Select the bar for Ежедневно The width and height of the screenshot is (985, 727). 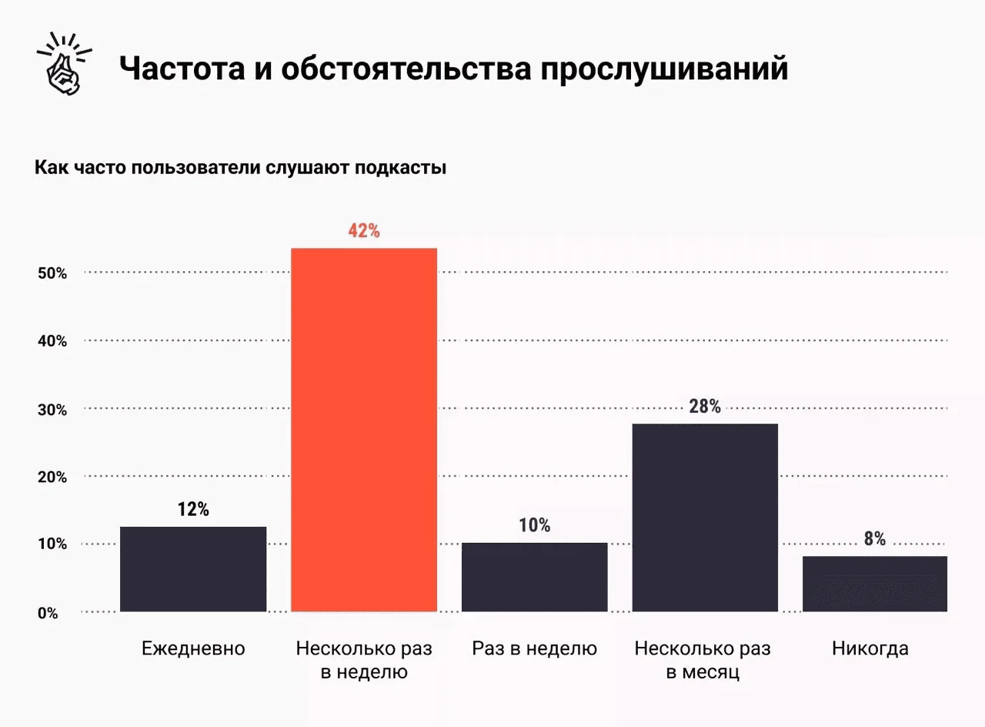(x=193, y=569)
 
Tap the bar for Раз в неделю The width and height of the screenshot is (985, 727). (x=534, y=577)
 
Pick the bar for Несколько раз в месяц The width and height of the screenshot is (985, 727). (x=704, y=518)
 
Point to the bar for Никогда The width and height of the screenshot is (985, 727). (x=874, y=584)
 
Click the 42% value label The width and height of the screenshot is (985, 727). (x=364, y=230)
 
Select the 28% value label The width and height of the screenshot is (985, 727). (x=705, y=406)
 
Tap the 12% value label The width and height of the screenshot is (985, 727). (x=193, y=509)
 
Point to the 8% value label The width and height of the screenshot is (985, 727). (x=874, y=538)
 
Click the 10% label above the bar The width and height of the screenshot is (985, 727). (x=534, y=525)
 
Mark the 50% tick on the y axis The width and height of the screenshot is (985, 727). (x=52, y=273)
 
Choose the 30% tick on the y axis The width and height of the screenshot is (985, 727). (x=52, y=410)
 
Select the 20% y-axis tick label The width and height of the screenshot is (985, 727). (x=52, y=477)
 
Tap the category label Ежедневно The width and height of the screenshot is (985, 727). (x=193, y=648)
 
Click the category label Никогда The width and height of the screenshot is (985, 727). (x=870, y=648)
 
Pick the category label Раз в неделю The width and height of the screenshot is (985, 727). (x=534, y=648)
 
